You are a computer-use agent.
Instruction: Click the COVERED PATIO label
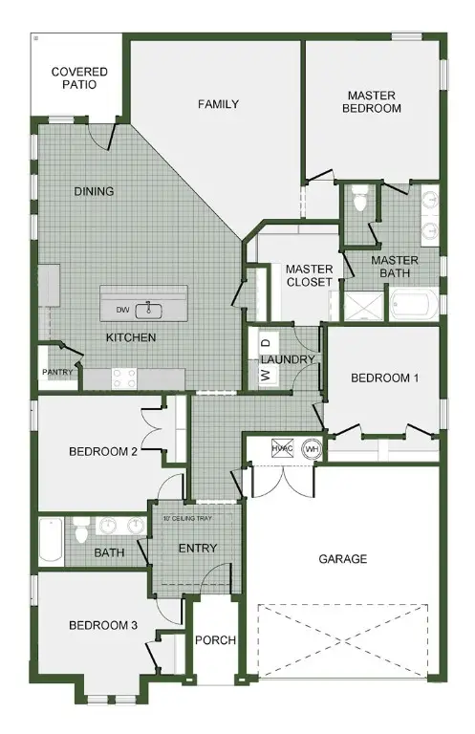tap(79, 77)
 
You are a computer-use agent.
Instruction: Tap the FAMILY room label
tap(218, 104)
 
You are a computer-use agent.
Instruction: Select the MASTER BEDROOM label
tap(374, 101)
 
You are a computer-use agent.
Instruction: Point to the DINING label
tap(94, 191)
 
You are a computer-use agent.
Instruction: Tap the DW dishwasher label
tap(122, 310)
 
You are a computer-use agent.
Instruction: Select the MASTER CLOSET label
tap(309, 275)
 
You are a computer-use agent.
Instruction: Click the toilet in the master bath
tap(360, 201)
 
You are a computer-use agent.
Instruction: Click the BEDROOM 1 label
tap(384, 378)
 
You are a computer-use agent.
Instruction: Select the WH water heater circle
tap(311, 448)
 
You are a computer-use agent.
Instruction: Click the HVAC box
tap(281, 448)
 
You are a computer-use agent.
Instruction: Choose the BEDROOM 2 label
tap(103, 451)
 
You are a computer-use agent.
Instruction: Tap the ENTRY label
tap(197, 548)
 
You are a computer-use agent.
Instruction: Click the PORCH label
tap(215, 640)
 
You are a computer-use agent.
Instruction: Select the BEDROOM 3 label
tap(103, 625)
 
